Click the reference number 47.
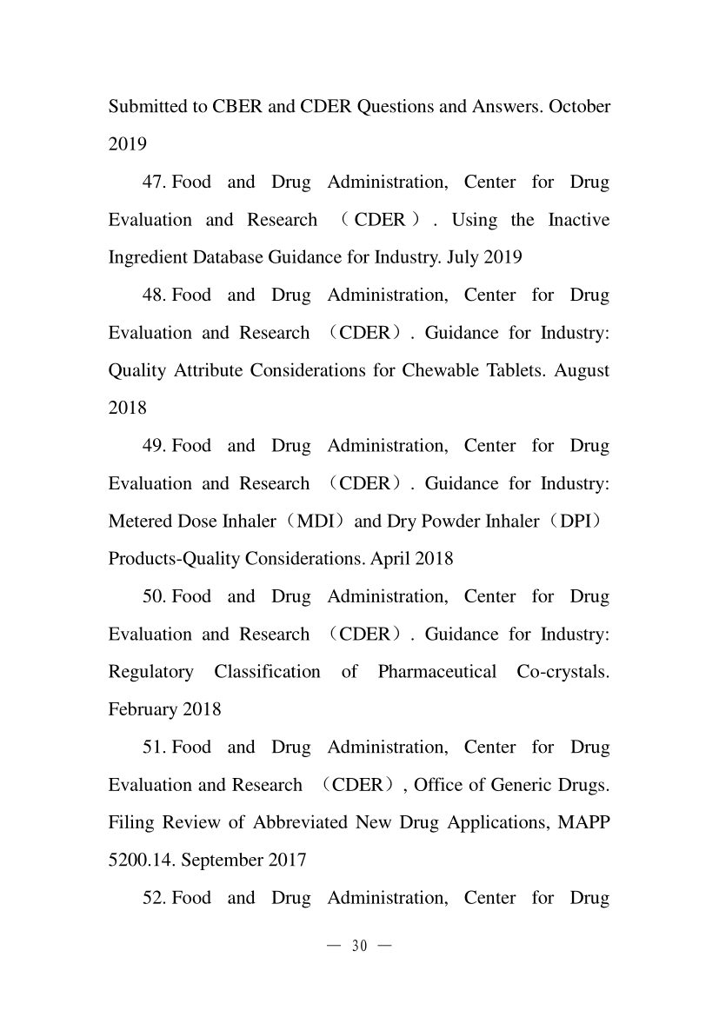coord(154,183)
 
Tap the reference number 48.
coord(154,296)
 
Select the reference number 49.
coord(154,446)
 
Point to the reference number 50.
coord(154,597)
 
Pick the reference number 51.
coord(154,748)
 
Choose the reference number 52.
coord(154,898)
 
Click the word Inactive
coord(579,220)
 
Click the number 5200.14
coord(137,861)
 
